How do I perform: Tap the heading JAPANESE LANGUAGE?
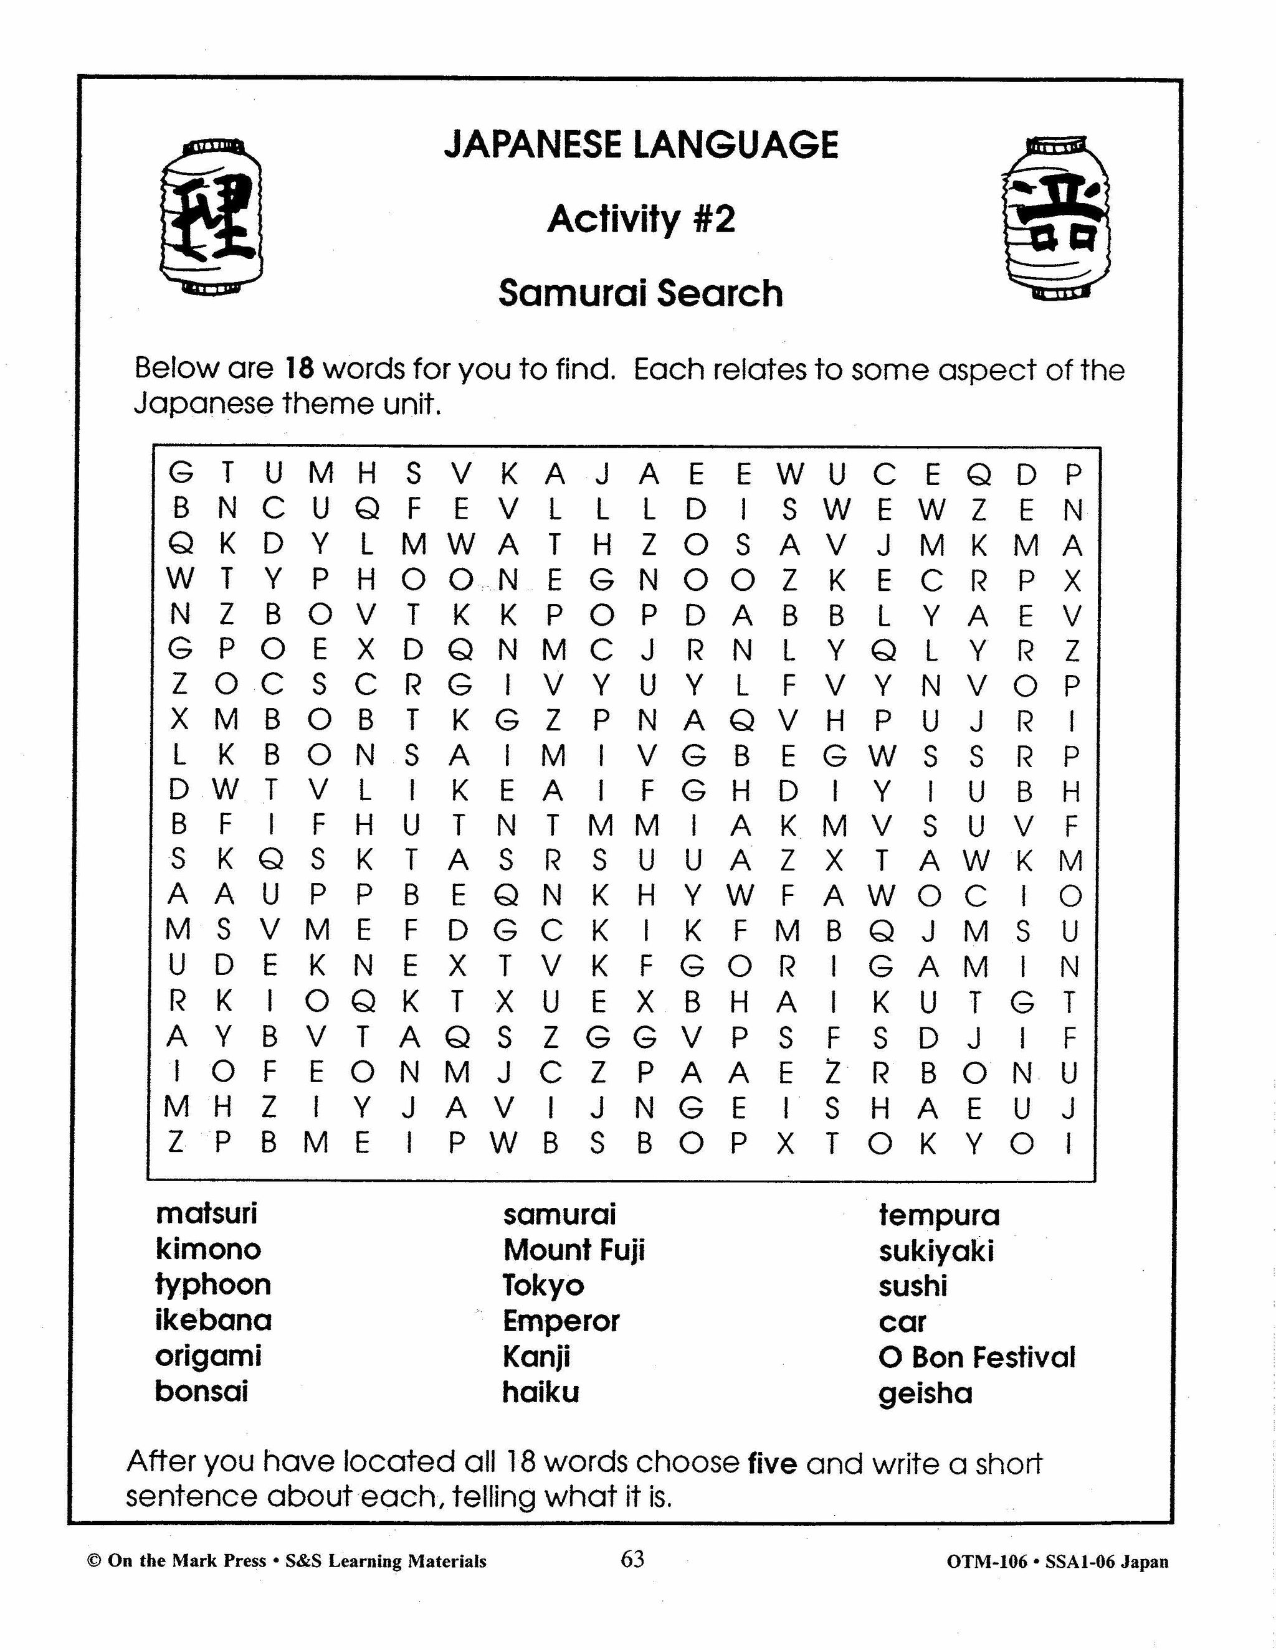tap(641, 144)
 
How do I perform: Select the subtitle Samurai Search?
tap(640, 293)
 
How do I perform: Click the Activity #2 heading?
tap(641, 220)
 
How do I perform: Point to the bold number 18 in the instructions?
tap(299, 369)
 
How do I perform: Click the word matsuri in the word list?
tap(206, 1214)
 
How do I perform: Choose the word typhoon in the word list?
tap(212, 1285)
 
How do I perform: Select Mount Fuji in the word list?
tap(574, 1250)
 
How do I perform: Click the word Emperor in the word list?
tap(561, 1321)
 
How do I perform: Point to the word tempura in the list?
tap(939, 1215)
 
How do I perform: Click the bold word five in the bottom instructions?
tap(772, 1463)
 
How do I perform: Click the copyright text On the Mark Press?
tap(187, 1562)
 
